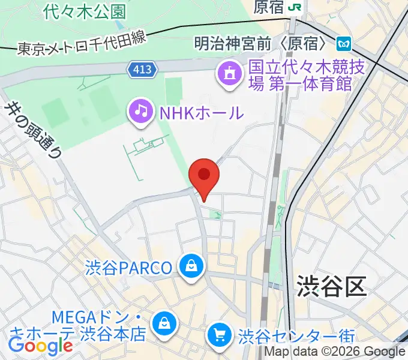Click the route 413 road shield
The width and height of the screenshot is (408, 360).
pos(142,71)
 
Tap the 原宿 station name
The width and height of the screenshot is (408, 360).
pos(268,7)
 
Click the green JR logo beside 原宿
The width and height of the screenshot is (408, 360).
pos(295,7)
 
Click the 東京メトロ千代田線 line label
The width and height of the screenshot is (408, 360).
pos(82,42)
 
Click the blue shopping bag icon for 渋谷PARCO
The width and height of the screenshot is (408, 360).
pos(191,266)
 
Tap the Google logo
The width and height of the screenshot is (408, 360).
pos(40,346)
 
